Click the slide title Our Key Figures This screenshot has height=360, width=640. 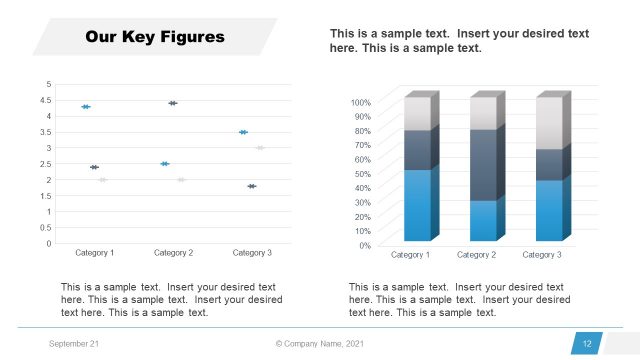tap(155, 38)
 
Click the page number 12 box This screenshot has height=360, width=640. tap(587, 344)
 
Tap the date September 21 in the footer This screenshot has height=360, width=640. tap(73, 344)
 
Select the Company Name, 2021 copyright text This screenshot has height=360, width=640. tap(321, 344)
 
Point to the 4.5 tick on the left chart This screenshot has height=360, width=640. tap(44, 100)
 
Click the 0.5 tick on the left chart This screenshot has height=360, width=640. tap(44, 227)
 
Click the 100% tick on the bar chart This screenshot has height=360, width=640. tap(361, 102)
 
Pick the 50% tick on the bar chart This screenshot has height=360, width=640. tap(363, 173)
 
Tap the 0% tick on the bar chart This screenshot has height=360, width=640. tap(365, 245)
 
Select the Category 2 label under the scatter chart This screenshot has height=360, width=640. tap(172, 253)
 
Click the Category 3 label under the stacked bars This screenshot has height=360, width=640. tap(541, 256)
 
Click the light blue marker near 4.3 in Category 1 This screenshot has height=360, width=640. tap(86, 107)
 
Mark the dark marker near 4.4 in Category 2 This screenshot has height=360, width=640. tap(173, 103)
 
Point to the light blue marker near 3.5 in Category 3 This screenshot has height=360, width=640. tap(243, 132)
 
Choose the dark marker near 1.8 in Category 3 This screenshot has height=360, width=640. tap(252, 186)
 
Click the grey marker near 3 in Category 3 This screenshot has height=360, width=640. tap(260, 148)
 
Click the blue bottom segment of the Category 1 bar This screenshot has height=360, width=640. tap(417, 205)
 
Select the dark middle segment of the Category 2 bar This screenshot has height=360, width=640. tap(483, 165)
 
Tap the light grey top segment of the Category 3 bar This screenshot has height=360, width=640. tap(548, 123)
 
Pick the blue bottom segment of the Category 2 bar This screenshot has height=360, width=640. tap(483, 220)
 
